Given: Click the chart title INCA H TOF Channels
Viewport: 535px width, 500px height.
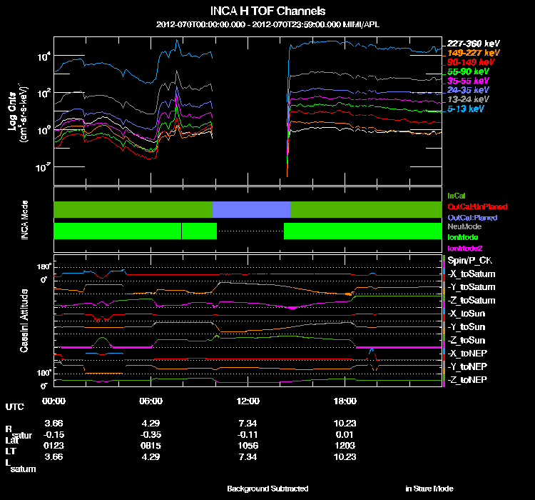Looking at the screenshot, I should [x=267, y=11].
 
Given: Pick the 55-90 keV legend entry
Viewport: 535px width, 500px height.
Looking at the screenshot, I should [x=468, y=71].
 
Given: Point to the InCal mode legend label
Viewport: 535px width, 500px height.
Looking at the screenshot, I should [x=457, y=195].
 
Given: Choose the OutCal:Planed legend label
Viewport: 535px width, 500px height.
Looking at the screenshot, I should [x=472, y=216].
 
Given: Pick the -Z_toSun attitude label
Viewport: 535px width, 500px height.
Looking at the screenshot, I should [x=468, y=340].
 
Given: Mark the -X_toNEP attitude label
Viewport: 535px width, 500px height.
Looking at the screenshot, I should [x=468, y=353].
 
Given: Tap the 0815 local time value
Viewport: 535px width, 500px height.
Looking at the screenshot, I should [x=151, y=446].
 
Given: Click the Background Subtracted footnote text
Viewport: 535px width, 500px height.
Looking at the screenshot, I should [x=267, y=489].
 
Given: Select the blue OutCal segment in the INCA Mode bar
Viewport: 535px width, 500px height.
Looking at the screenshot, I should [x=251, y=209].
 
